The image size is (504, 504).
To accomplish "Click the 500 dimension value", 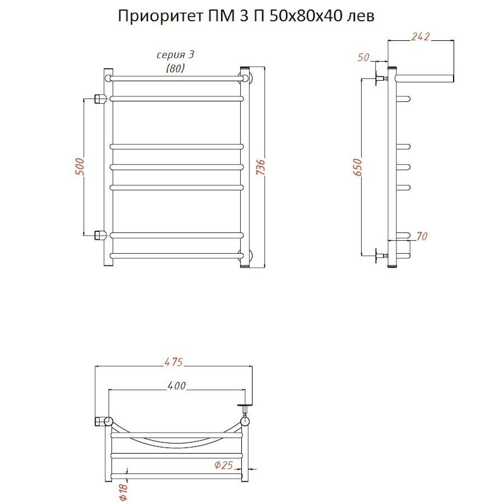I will [80, 166].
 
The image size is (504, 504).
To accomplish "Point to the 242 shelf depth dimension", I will [420, 37].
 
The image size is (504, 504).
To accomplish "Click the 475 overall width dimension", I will [174, 362].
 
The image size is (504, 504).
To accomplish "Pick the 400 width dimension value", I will [176, 385].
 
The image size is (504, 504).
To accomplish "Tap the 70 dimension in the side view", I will [422, 236].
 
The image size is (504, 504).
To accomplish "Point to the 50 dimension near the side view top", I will [363, 57].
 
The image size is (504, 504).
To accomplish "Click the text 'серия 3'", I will [175, 55].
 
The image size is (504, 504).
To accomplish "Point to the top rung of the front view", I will [176, 77].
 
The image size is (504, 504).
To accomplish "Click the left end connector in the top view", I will [102, 421].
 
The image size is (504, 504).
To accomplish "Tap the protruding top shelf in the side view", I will [426, 77].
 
